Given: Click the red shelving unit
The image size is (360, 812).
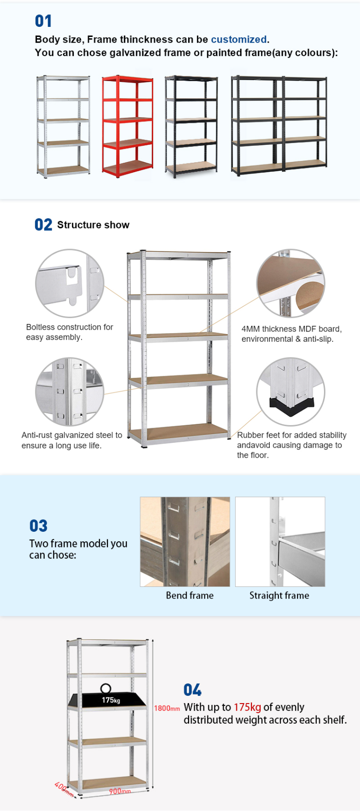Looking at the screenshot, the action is pos(127,126).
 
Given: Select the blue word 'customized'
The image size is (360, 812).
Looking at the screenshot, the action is pos(239,39).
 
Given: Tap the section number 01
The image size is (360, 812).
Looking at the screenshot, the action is pos(43,21).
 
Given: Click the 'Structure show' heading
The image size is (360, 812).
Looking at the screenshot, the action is pos(93,225).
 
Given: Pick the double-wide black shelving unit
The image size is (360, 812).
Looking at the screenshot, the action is pos(279,125).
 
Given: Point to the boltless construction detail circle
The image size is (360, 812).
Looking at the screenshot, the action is pos(70,283).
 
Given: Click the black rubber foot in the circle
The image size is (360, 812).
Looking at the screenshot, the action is pos(291,405).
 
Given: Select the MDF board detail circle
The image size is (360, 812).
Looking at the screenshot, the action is pos(291,283).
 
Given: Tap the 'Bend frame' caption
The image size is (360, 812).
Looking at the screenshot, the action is pos(190,595).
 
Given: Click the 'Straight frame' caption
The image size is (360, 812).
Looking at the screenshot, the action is pos(279,595).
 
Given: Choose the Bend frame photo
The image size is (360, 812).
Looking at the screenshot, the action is pos(185,542).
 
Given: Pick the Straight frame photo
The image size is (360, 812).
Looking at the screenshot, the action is pos(280,542).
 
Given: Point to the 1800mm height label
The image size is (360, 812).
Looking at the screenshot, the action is pos(167,708).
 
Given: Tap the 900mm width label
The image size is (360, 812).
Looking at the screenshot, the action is pos(120,791).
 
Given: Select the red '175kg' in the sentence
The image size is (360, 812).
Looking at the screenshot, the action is pos(247,707).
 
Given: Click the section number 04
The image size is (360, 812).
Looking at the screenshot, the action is pos(192,690).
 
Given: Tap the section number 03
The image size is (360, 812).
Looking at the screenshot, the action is pos(38,525).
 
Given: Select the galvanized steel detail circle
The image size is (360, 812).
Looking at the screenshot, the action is pos(70,392).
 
